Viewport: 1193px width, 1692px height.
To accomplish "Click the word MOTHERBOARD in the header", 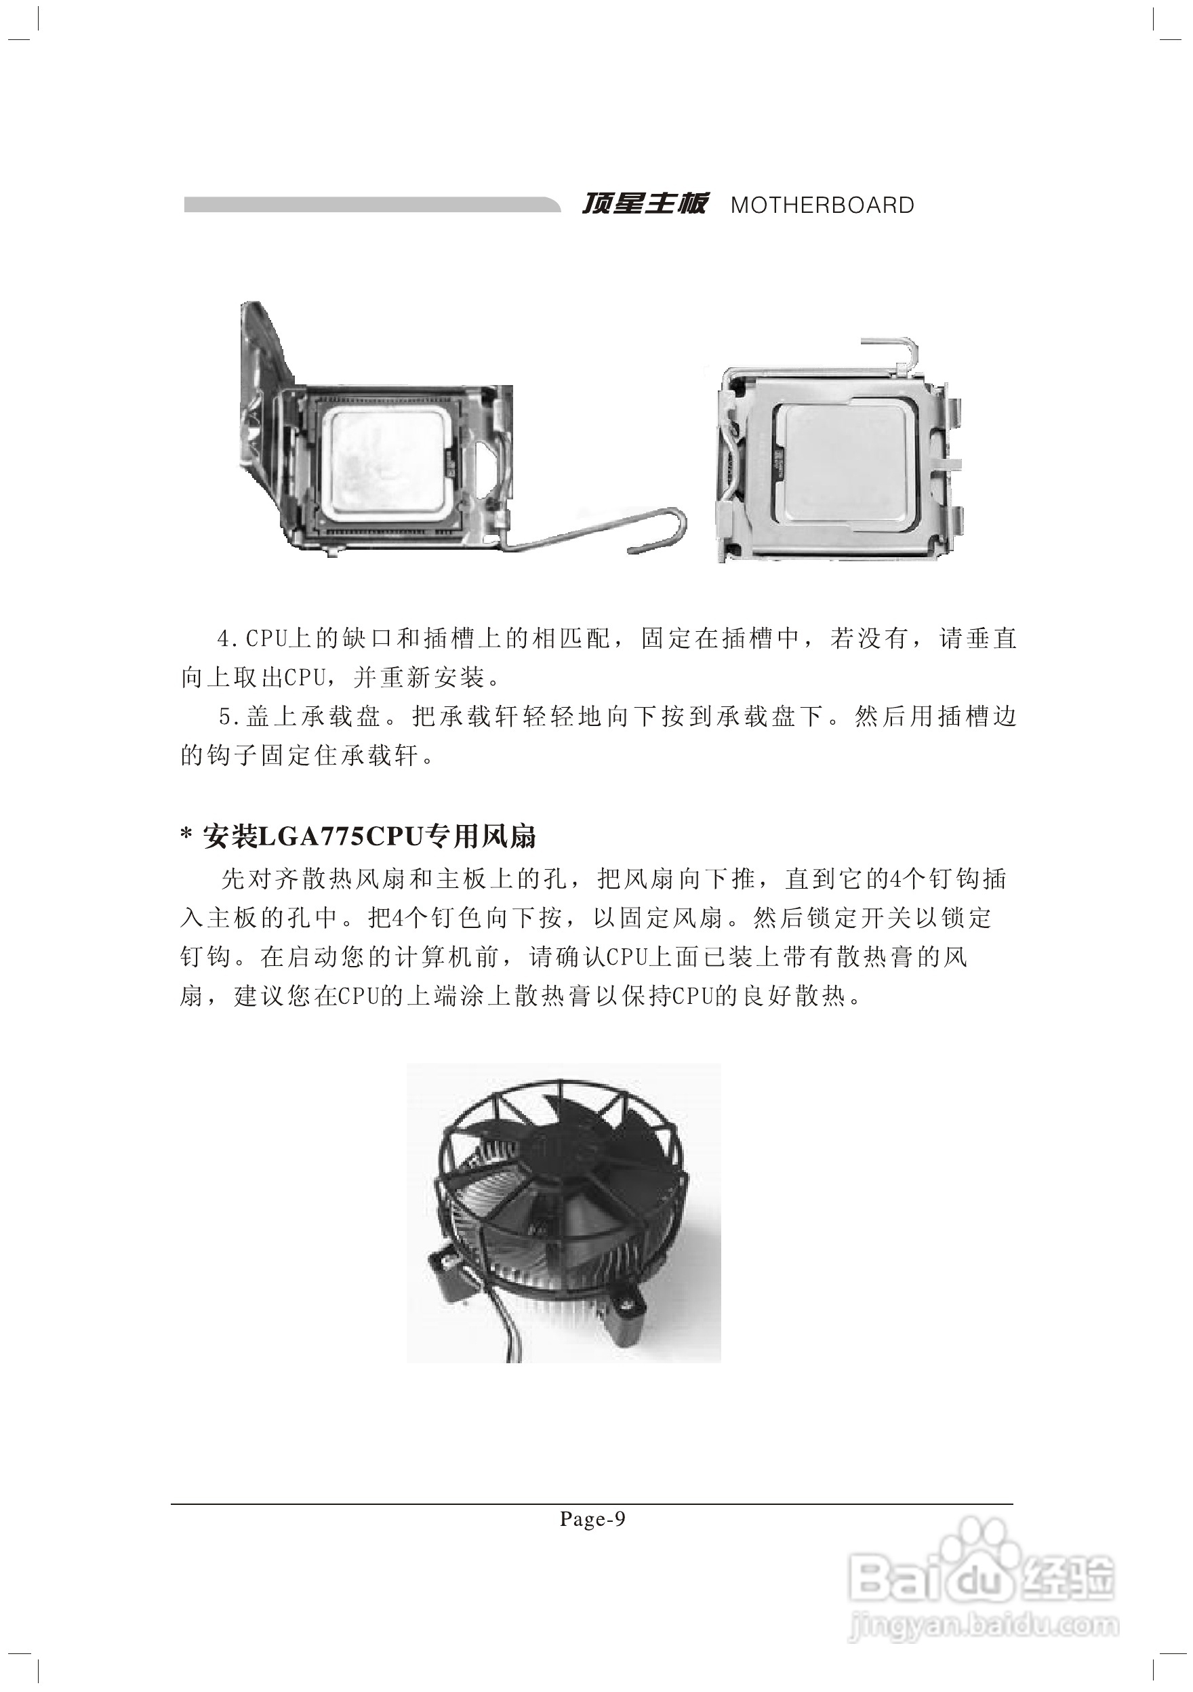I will pyautogui.click(x=822, y=205).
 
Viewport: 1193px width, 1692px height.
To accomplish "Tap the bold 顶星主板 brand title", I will pyautogui.click(x=644, y=203).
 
